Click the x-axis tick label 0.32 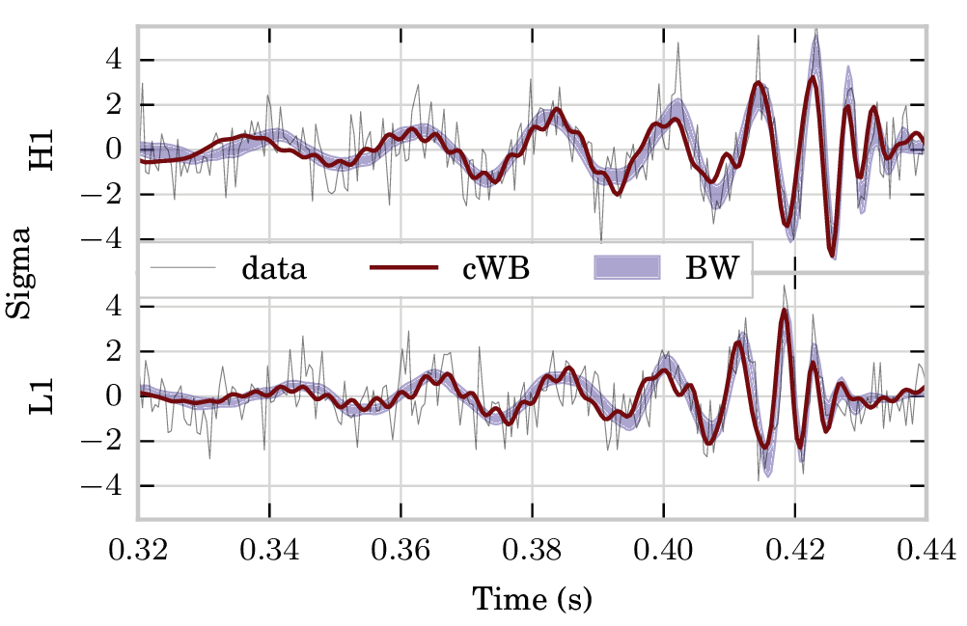(x=139, y=552)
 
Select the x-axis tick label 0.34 (x=270, y=552)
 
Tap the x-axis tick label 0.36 (x=401, y=552)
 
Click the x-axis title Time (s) (x=532, y=599)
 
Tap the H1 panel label (x=43, y=149)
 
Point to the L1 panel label (x=43, y=395)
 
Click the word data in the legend (x=274, y=268)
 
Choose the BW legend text (x=711, y=268)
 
